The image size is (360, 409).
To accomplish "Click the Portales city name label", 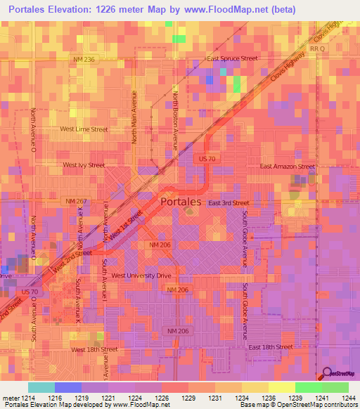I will (x=181, y=201).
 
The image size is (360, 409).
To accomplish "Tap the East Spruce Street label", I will (x=232, y=58).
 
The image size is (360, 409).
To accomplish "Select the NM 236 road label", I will (x=83, y=60).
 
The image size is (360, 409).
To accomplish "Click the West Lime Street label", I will (x=84, y=129).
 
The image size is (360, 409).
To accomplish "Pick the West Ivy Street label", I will (x=84, y=165).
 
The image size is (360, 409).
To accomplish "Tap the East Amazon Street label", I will (x=288, y=167).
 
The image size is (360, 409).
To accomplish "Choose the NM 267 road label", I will (x=75, y=201).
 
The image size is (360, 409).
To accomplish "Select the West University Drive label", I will (x=141, y=275).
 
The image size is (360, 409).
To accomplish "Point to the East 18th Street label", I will (x=269, y=347).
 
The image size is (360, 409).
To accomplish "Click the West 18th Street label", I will (x=94, y=349).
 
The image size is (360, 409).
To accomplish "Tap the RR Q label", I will (x=317, y=49).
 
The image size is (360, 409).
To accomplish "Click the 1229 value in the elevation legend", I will (x=188, y=398).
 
